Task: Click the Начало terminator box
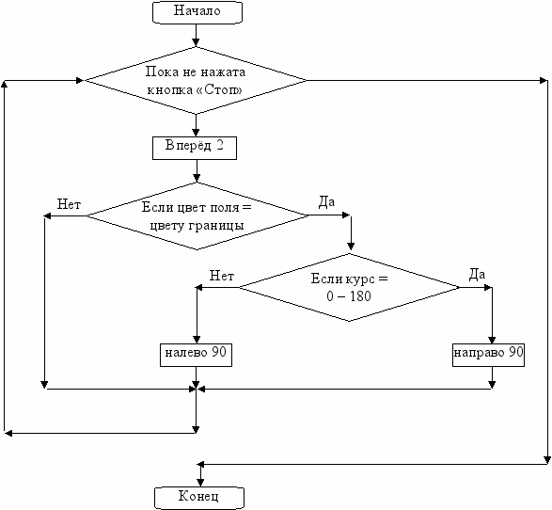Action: [x=197, y=12]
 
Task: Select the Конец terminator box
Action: [x=199, y=498]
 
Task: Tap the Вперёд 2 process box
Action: [x=195, y=148]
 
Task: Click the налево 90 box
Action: [x=197, y=355]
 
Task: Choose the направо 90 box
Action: [x=488, y=355]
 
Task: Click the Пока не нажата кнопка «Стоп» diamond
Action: [x=196, y=81]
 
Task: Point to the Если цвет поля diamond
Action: [x=197, y=215]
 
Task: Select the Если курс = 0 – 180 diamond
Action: [x=349, y=287]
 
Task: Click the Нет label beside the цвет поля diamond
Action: [x=69, y=204]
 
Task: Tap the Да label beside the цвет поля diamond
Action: [x=326, y=201]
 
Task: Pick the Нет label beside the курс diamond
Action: [x=221, y=276]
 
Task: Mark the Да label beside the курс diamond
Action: [x=477, y=274]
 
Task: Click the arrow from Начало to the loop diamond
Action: [x=197, y=36]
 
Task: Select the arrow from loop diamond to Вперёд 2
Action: [x=197, y=125]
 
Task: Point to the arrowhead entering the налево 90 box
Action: [x=197, y=340]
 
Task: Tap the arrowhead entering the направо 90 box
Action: [x=492, y=340]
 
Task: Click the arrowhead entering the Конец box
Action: [x=200, y=483]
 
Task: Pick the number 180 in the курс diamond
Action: [x=360, y=295]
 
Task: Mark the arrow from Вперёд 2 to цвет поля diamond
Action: [x=197, y=171]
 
